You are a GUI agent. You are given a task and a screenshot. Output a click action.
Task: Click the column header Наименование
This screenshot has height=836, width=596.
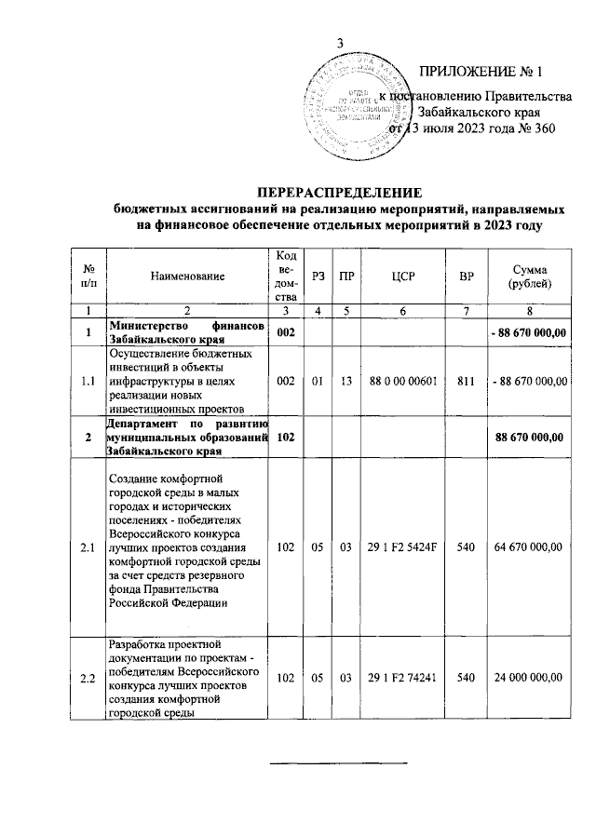pyautogui.click(x=188, y=276)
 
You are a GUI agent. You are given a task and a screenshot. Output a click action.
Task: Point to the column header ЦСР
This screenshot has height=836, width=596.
pyautogui.click(x=404, y=276)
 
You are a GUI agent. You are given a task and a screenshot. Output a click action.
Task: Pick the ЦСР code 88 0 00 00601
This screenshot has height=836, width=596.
pyautogui.click(x=404, y=380)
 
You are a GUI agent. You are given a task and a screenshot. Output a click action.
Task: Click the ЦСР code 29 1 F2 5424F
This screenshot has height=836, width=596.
pyautogui.click(x=404, y=547)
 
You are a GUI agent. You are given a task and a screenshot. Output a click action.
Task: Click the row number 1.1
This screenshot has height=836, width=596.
pyautogui.click(x=88, y=380)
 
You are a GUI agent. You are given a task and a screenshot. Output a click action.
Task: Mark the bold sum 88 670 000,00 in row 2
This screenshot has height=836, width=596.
pyautogui.click(x=530, y=438)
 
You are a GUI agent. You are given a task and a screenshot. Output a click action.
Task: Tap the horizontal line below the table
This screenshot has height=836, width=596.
pyautogui.click(x=339, y=763)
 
